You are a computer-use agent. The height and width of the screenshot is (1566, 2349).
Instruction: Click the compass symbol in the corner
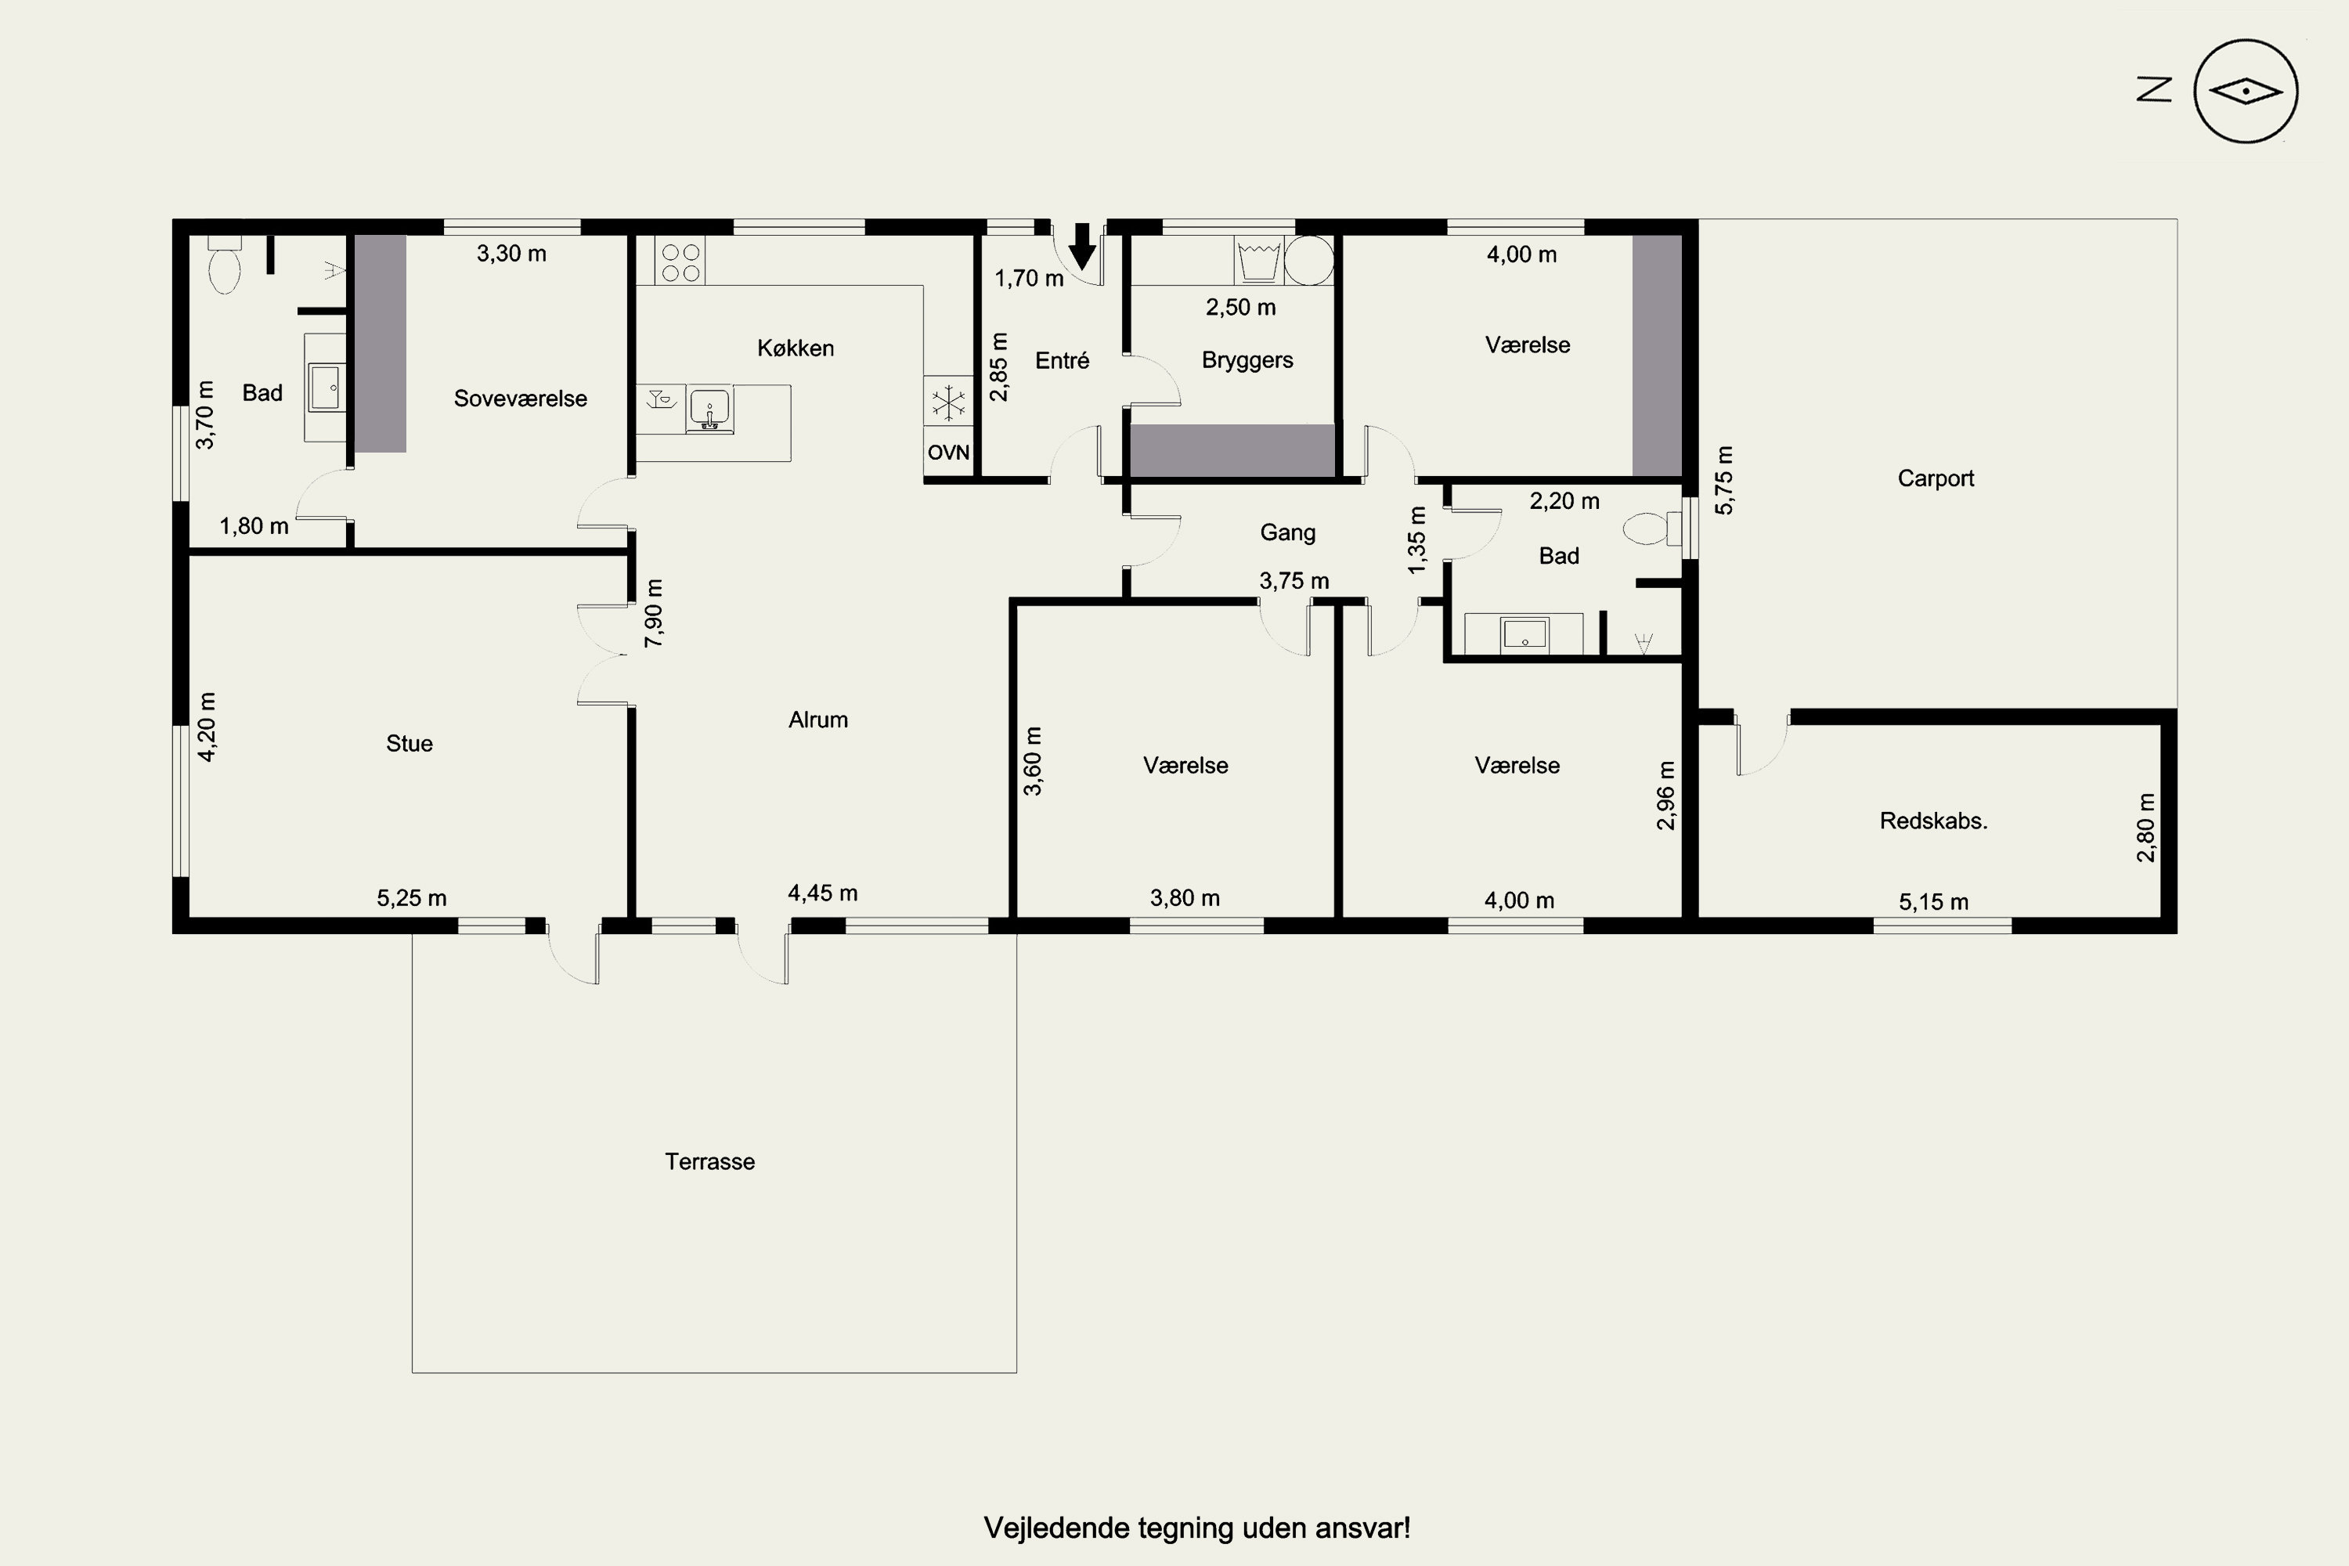tap(2245, 92)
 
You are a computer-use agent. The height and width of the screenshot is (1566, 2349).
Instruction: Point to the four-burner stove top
tap(680, 261)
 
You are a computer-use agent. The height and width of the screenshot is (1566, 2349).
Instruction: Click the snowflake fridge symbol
tap(947, 403)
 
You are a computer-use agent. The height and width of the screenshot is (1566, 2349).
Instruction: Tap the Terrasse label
tap(710, 1161)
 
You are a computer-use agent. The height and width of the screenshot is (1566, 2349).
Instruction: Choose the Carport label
tap(1936, 478)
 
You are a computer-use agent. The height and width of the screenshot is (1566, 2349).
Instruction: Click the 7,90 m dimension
tap(654, 613)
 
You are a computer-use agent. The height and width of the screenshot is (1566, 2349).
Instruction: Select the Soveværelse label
tap(521, 399)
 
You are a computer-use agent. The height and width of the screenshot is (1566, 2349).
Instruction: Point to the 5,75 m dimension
tap(1725, 481)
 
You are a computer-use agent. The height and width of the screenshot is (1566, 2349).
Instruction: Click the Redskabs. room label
tap(1933, 821)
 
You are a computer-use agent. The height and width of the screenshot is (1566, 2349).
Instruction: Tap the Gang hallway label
tap(1287, 532)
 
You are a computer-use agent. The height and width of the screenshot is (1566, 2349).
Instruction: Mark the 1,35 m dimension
tap(1416, 540)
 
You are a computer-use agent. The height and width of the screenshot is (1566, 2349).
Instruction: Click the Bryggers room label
tap(1247, 360)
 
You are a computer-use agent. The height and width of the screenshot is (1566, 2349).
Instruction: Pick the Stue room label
tap(410, 743)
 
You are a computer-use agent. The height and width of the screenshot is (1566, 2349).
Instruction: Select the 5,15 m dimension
tap(1933, 902)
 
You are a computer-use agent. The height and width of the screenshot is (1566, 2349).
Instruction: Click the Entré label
tap(1062, 360)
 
